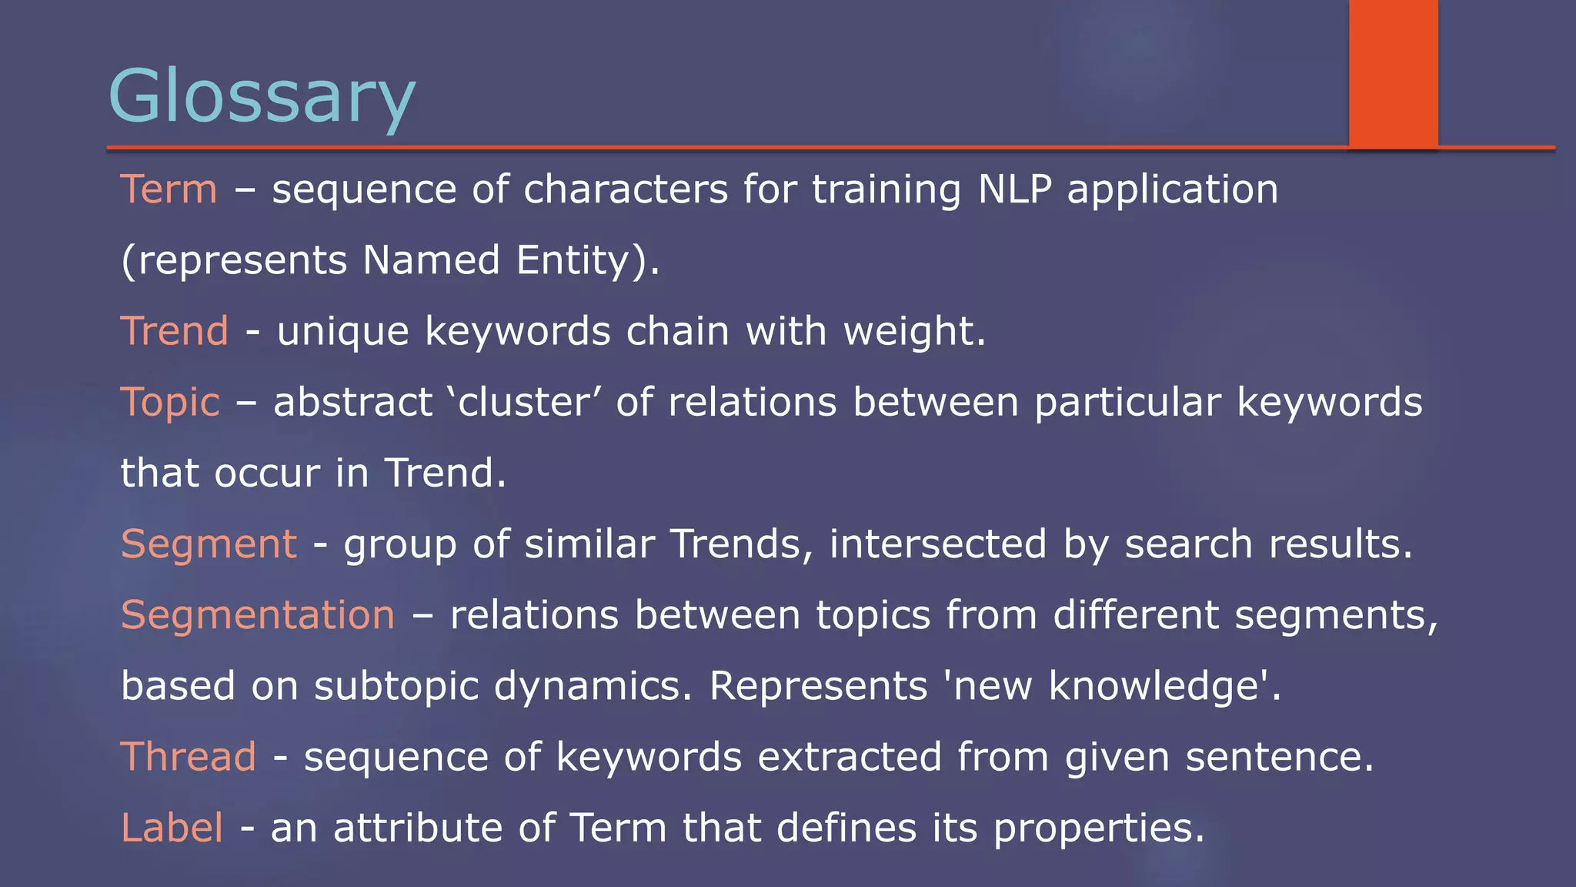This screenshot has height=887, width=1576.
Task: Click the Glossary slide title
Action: [x=262, y=96]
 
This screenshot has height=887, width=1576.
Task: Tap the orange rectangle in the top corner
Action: [x=1393, y=73]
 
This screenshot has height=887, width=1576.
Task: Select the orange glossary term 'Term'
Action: [x=169, y=189]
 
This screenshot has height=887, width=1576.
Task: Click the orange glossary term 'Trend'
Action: [x=175, y=331]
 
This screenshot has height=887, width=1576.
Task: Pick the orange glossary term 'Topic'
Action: [x=170, y=403]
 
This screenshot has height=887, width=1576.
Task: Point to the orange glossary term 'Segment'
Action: [x=209, y=544]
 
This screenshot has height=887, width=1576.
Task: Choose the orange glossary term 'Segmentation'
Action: [x=258, y=615]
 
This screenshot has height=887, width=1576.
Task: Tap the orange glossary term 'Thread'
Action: [x=189, y=757]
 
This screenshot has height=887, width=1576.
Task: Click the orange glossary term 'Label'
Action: [x=172, y=828]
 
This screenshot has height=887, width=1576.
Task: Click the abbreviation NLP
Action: [x=1014, y=189]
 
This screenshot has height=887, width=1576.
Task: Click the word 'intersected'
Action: [x=937, y=544]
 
